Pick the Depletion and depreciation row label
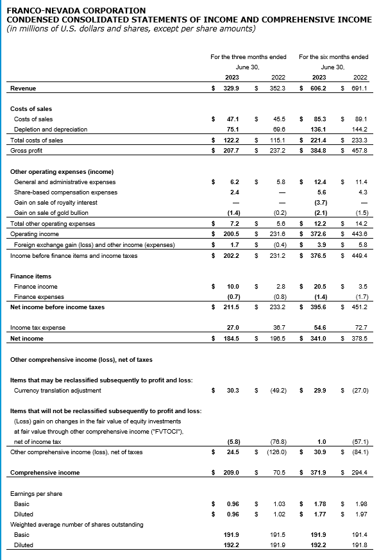[51, 129]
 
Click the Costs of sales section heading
[31, 109]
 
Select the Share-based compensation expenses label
[65, 192]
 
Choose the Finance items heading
[30, 276]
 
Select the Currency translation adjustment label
[57, 390]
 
